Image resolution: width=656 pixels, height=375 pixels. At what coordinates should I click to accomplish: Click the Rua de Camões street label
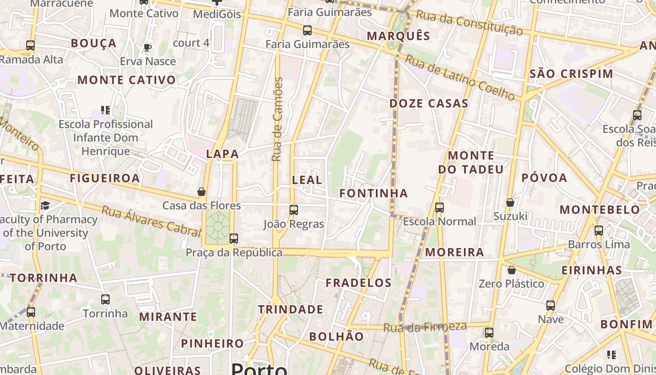pyautogui.click(x=277, y=120)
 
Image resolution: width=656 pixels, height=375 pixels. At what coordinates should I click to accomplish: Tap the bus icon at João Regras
pyautogui.click(x=294, y=210)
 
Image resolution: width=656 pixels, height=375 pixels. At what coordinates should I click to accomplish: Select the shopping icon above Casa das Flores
pyautogui.click(x=201, y=192)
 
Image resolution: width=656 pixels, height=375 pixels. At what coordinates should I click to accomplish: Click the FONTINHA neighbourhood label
pyautogui.click(x=374, y=193)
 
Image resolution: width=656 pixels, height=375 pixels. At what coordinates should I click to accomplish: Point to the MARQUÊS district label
pyautogui.click(x=398, y=36)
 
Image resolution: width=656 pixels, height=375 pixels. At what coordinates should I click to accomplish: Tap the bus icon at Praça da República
pyautogui.click(x=234, y=239)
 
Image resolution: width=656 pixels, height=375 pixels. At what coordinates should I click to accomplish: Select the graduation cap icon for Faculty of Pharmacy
pyautogui.click(x=45, y=205)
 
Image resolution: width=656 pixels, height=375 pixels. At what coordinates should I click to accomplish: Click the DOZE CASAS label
pyautogui.click(x=429, y=104)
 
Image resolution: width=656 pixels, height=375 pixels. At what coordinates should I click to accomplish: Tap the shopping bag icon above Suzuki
pyautogui.click(x=510, y=202)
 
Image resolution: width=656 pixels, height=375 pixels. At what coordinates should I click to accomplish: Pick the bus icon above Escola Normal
pyautogui.click(x=439, y=207)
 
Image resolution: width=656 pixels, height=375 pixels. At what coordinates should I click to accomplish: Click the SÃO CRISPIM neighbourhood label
pyautogui.click(x=571, y=74)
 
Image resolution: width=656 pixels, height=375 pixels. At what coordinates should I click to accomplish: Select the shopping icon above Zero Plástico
pyautogui.click(x=512, y=270)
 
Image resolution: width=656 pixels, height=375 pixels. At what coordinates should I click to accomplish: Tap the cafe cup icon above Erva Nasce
pyautogui.click(x=148, y=47)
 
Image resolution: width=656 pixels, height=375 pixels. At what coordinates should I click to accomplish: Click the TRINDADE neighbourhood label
pyautogui.click(x=291, y=309)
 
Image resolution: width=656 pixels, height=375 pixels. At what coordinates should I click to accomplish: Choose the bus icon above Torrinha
pyautogui.click(x=105, y=300)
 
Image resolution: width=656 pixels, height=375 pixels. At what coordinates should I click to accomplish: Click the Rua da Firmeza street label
pyautogui.click(x=425, y=327)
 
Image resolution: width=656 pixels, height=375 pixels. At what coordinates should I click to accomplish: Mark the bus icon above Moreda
pyautogui.click(x=489, y=333)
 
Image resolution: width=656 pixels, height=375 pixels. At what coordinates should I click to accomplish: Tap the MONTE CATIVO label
pyautogui.click(x=127, y=80)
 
